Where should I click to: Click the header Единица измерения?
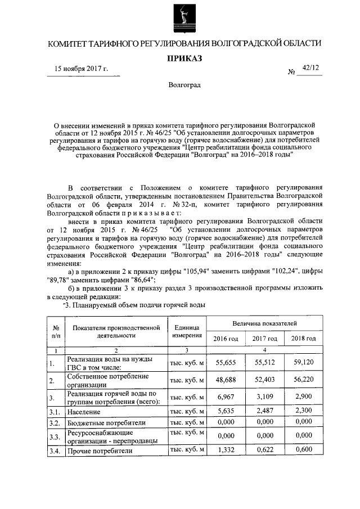(x=187, y=331)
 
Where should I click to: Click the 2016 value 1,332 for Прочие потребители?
(x=226, y=451)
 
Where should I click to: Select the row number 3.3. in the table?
(x=55, y=436)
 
